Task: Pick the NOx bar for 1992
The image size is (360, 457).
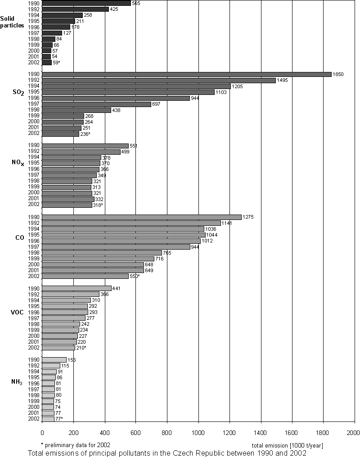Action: (81, 152)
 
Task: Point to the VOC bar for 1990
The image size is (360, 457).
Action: (76, 288)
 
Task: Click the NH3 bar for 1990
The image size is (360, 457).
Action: (54, 360)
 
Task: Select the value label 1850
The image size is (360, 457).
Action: (338, 74)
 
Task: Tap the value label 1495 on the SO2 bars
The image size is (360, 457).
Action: (282, 80)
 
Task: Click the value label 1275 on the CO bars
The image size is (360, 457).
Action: (248, 217)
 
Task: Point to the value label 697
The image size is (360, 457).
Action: (157, 104)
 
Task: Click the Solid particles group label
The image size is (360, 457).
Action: (12, 22)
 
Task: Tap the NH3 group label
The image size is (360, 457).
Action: (17, 382)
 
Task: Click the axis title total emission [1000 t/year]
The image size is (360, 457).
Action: (287, 445)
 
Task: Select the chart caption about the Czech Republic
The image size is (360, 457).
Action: (167, 453)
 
